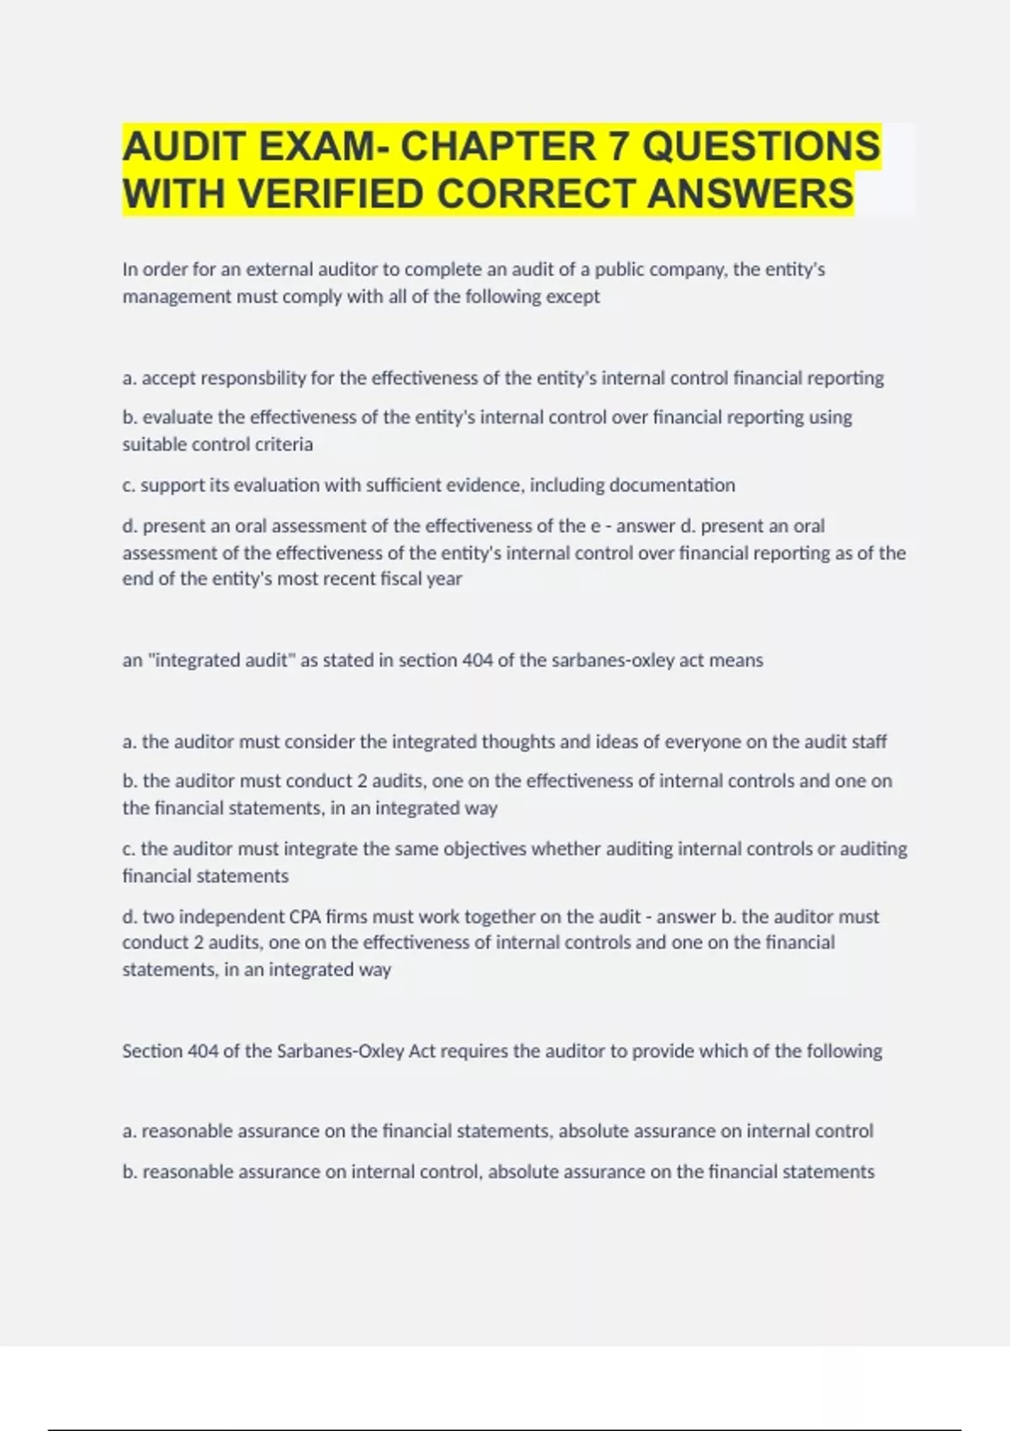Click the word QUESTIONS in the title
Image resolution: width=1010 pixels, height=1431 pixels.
762,146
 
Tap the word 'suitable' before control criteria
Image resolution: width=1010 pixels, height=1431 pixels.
152,444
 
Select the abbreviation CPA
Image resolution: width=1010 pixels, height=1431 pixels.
306,916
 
